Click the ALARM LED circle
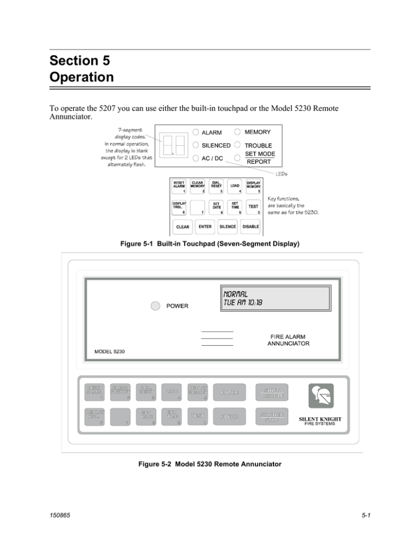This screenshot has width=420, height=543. click(195, 133)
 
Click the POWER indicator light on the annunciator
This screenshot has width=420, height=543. click(156, 305)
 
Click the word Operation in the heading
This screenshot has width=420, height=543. click(81, 77)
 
